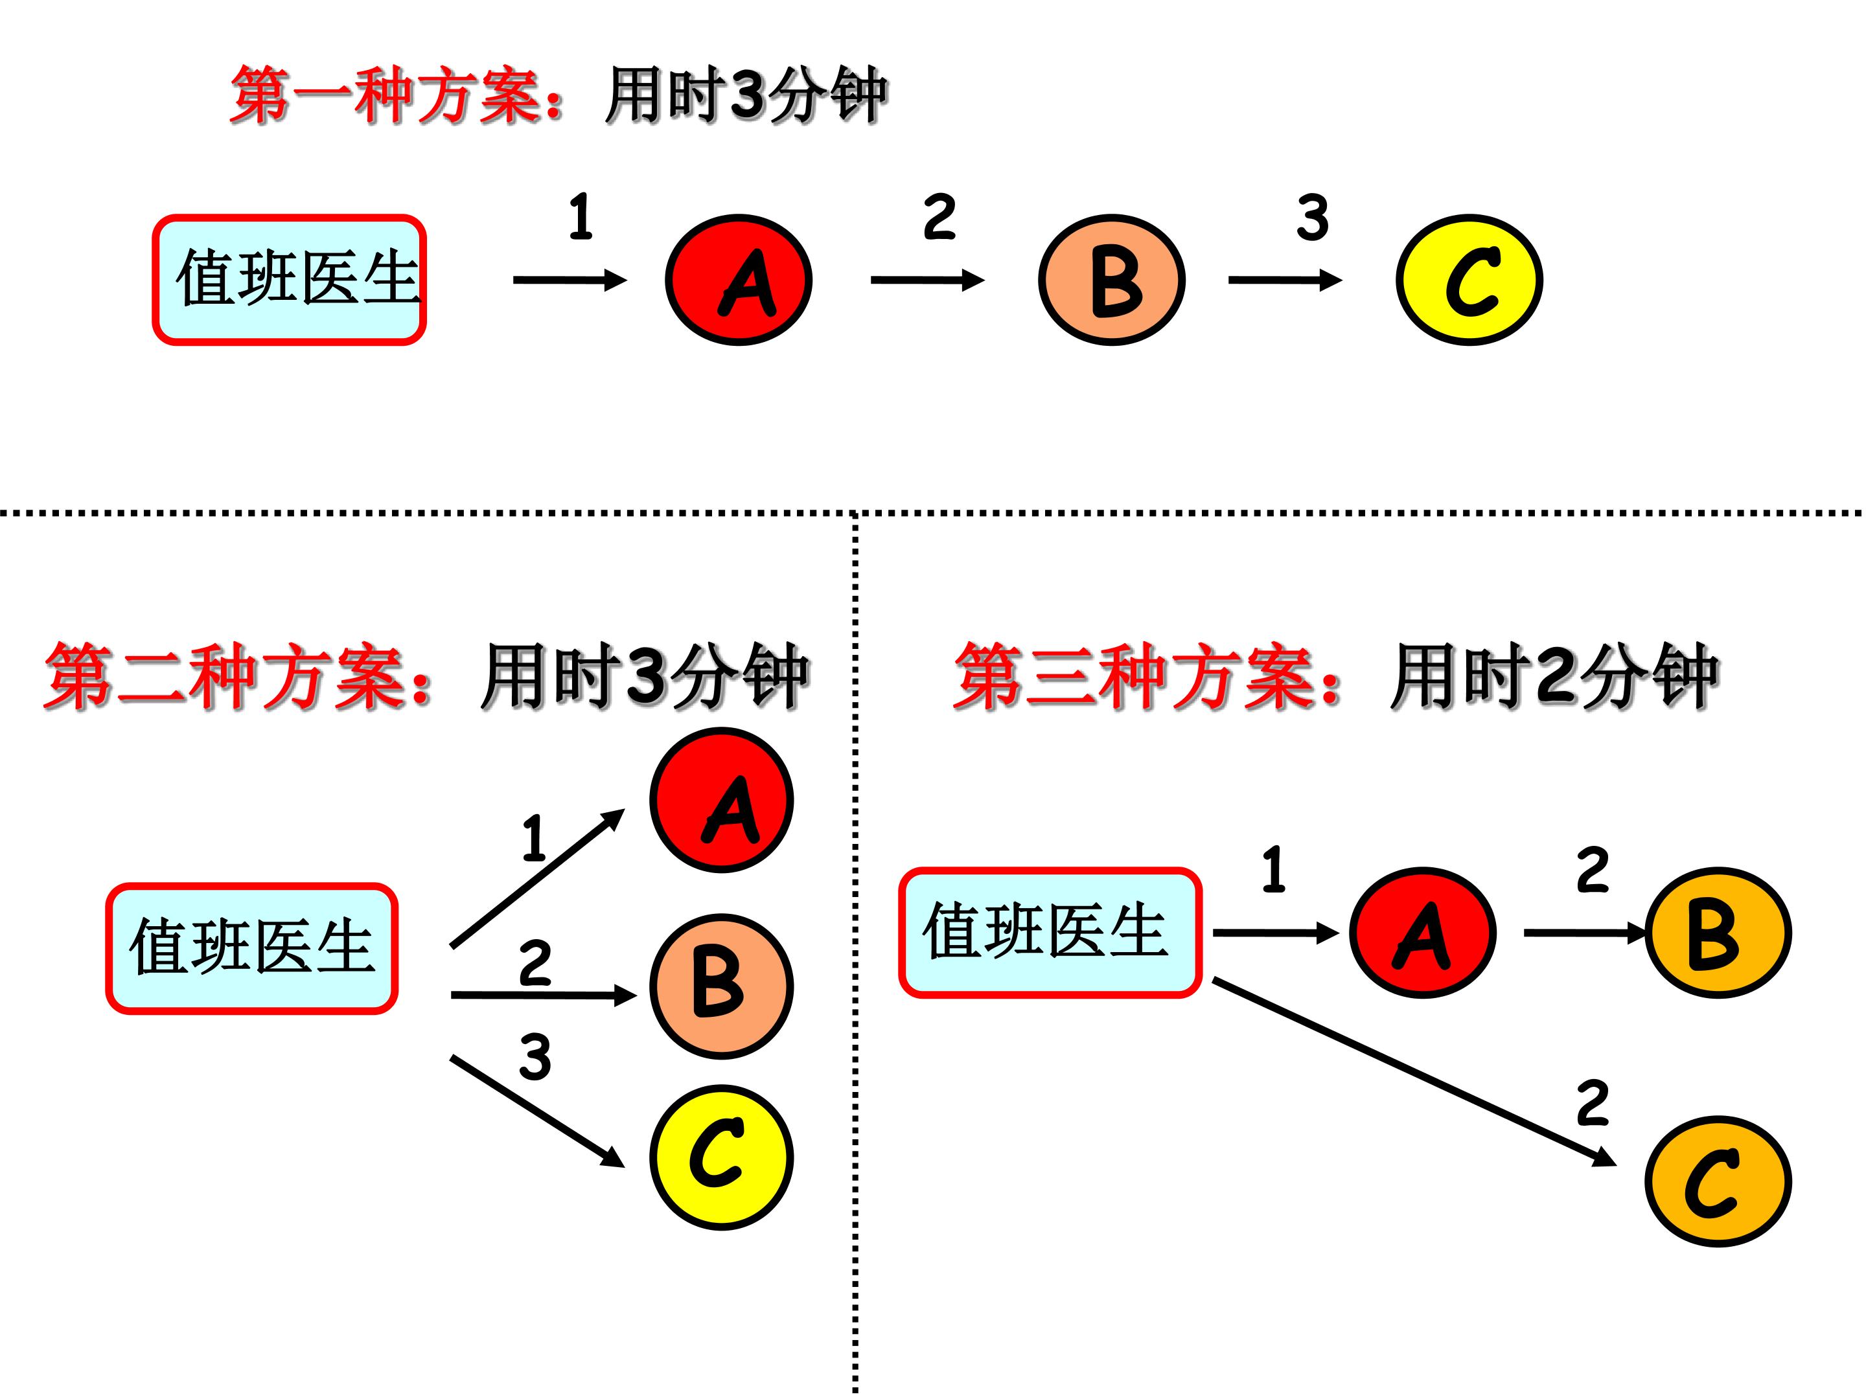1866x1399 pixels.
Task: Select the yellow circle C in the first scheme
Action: click(1469, 280)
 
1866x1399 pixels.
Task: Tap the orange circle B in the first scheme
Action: click(1111, 280)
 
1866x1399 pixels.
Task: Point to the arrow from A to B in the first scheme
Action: click(927, 280)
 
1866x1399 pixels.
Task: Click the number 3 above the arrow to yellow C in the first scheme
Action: click(1313, 218)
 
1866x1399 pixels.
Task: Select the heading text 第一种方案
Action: click(397, 95)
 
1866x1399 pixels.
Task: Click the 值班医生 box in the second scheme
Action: click(251, 948)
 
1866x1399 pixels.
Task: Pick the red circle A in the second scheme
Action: click(721, 799)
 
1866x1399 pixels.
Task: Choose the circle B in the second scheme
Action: click(721, 986)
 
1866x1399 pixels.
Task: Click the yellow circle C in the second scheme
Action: click(721, 1157)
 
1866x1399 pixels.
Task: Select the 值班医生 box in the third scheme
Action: click(1050, 933)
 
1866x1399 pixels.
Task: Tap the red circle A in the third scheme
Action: click(1422, 933)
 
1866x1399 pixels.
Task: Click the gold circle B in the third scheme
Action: click(1718, 933)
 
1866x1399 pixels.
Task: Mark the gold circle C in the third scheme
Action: click(1718, 1181)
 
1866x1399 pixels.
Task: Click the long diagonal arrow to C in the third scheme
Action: click(1414, 1073)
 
